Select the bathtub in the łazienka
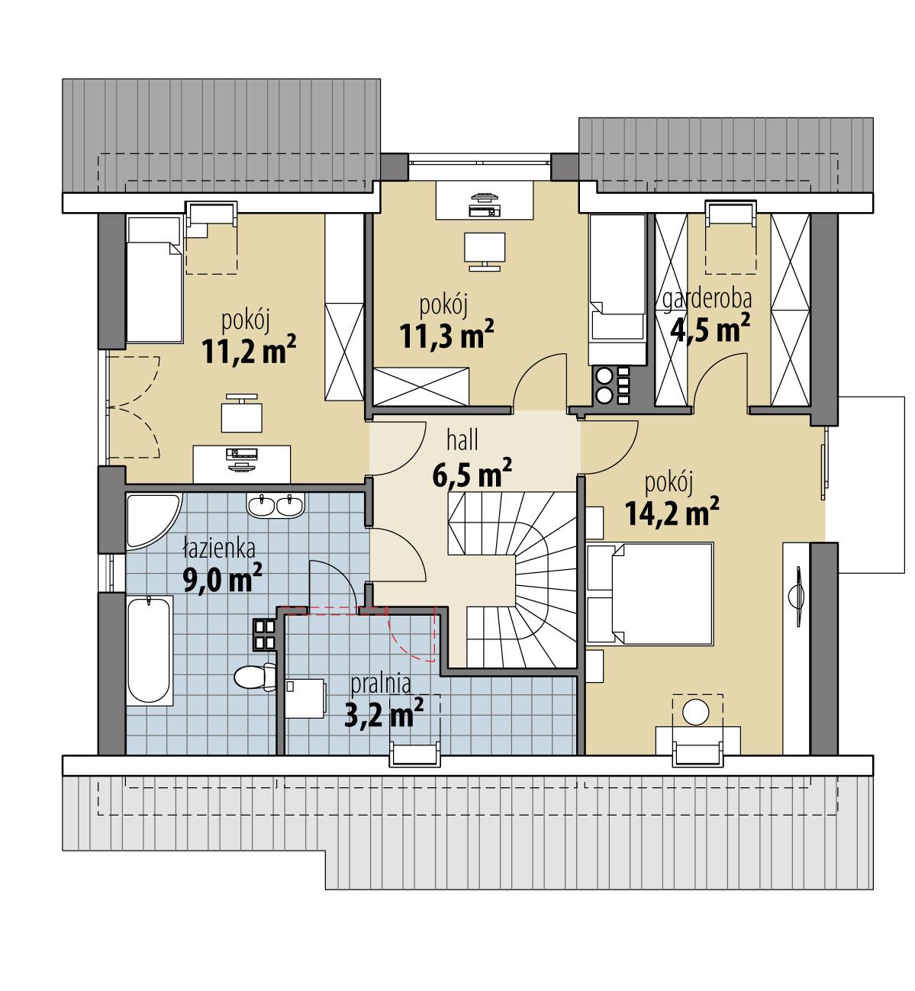coord(150,653)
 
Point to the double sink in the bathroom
coord(275,505)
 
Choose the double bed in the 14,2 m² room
coord(651,593)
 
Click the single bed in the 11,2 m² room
coord(153,279)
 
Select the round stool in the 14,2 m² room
coord(696,712)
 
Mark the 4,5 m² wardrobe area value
coord(709,328)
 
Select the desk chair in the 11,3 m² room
coord(485,252)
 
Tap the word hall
coord(463,440)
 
